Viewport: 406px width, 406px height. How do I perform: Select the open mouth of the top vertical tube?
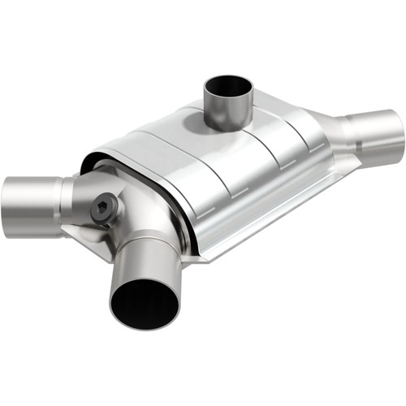(227, 84)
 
